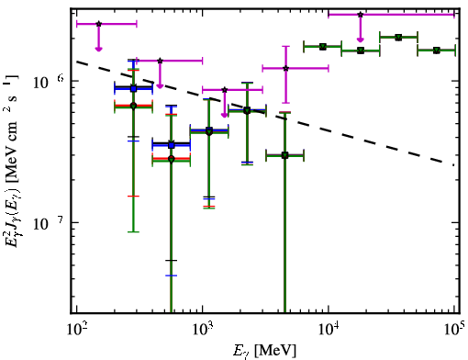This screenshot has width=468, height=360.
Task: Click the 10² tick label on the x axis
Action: pyautogui.click(x=76, y=330)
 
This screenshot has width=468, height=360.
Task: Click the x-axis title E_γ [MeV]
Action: pyautogui.click(x=264, y=351)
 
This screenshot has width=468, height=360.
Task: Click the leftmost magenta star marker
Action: pyautogui.click(x=98, y=24)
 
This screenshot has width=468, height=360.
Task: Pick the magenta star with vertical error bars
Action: pyautogui.click(x=285, y=68)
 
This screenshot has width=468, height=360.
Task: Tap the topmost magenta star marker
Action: pyautogui.click(x=361, y=15)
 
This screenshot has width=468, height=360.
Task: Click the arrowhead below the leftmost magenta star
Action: pyautogui.click(x=98, y=49)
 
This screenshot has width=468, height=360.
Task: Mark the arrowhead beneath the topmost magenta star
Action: pyautogui.click(x=361, y=39)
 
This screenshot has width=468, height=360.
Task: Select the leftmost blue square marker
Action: pyautogui.click(x=133, y=89)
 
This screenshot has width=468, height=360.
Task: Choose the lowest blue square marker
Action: pyautogui.click(x=172, y=145)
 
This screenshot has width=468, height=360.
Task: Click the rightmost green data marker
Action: pyautogui.click(x=437, y=51)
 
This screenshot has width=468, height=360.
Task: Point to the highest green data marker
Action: pyautogui.click(x=398, y=38)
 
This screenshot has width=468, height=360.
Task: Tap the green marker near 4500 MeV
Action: pyautogui.click(x=284, y=155)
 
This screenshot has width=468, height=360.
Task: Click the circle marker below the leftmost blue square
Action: pyautogui.click(x=133, y=106)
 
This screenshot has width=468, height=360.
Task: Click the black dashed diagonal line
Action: pyautogui.click(x=265, y=113)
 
